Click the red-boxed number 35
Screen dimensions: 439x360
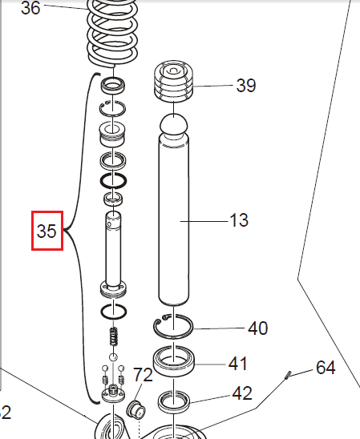(x=47, y=231)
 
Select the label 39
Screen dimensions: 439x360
(x=245, y=86)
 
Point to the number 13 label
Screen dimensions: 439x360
(x=238, y=219)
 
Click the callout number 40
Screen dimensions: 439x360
(x=257, y=328)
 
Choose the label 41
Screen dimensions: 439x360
(x=237, y=364)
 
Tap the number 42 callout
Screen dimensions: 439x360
(x=242, y=393)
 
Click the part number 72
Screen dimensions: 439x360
(x=143, y=375)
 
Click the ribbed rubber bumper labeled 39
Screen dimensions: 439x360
(x=174, y=83)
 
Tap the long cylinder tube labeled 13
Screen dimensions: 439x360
(x=176, y=224)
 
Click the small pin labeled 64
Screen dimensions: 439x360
(x=288, y=376)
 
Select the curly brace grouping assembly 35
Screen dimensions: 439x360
(x=78, y=232)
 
